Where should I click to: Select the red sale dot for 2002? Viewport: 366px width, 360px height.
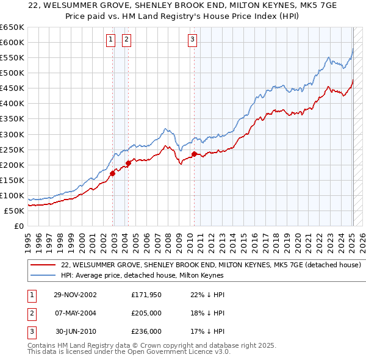113,173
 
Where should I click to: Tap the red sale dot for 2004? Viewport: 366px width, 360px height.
129,163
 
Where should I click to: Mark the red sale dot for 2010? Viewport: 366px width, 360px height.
194,154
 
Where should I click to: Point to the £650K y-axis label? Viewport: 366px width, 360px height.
12,27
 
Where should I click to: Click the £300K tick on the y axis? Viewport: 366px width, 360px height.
12,134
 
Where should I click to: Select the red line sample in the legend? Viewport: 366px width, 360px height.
43,265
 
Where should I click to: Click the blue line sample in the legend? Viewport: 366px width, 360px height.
43,275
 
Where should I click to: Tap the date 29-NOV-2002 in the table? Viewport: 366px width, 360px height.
75,295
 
